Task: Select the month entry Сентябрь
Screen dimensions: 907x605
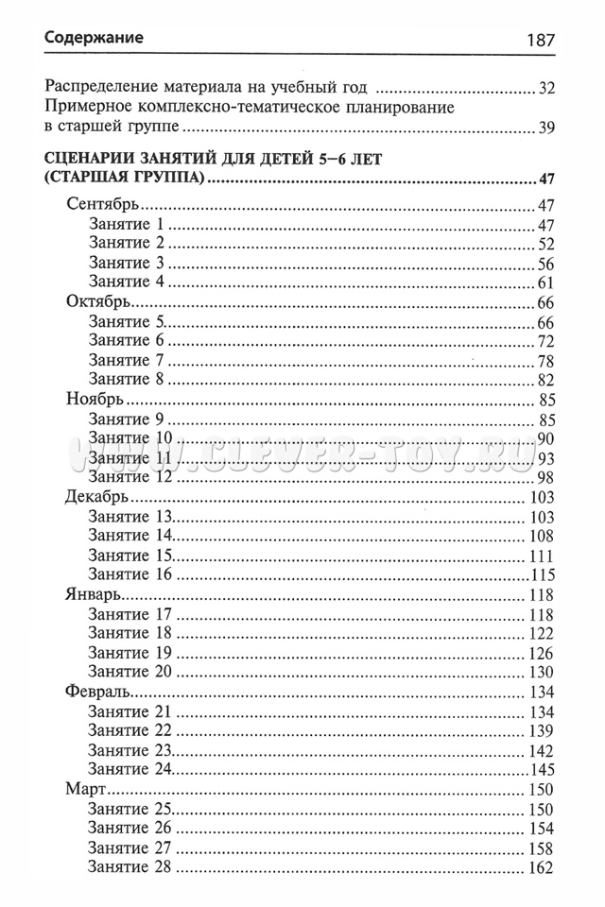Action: [x=105, y=205]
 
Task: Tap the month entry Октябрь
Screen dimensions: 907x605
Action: [x=99, y=302]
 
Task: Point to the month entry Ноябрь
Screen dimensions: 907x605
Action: [x=95, y=400]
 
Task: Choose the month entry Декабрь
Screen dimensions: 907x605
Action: [x=98, y=497]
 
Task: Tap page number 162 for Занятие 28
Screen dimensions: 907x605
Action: [x=541, y=866]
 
